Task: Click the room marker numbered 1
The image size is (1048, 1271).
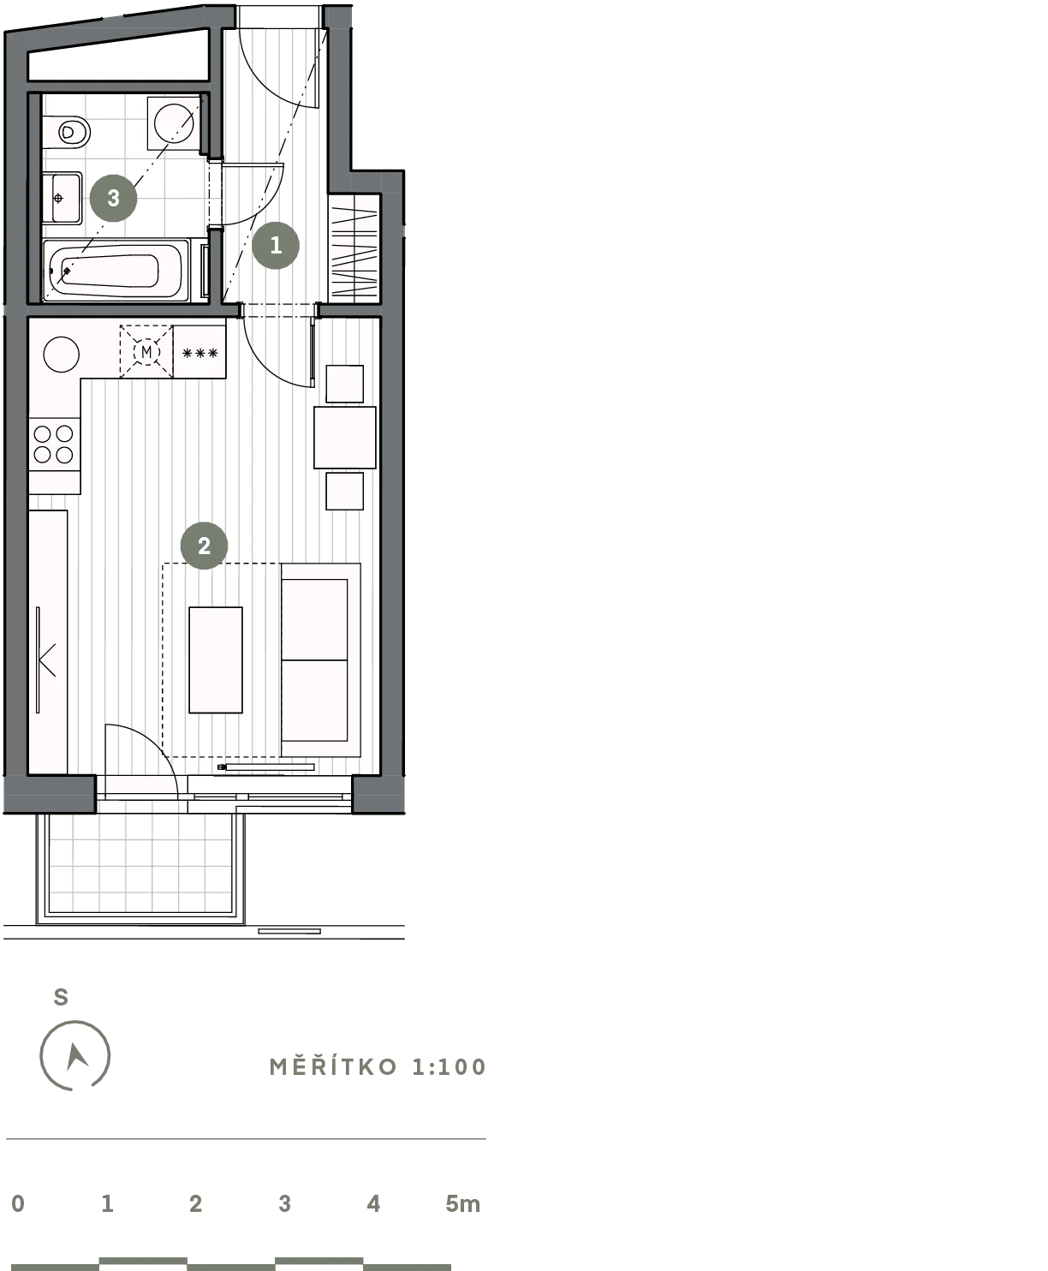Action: [276, 245]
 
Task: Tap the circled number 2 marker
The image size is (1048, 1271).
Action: [204, 546]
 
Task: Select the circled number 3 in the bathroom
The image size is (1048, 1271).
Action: [113, 198]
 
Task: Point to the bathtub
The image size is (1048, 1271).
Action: [116, 270]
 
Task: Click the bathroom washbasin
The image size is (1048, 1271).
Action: [63, 199]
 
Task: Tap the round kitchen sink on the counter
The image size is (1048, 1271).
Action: [62, 355]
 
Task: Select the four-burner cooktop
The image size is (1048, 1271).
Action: [54, 445]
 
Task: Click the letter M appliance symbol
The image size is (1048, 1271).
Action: [146, 352]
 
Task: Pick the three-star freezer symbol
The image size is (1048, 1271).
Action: [199, 353]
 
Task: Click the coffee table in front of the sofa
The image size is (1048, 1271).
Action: [216, 659]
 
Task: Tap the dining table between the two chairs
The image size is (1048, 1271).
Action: [345, 438]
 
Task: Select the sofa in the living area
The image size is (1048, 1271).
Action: [321, 659]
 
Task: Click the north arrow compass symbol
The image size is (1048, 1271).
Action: [74, 1055]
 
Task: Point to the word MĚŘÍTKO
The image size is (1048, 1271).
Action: [334, 1067]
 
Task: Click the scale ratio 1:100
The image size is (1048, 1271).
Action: [450, 1067]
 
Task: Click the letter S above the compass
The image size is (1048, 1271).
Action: [61, 997]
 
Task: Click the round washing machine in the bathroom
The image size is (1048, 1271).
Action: [174, 123]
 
